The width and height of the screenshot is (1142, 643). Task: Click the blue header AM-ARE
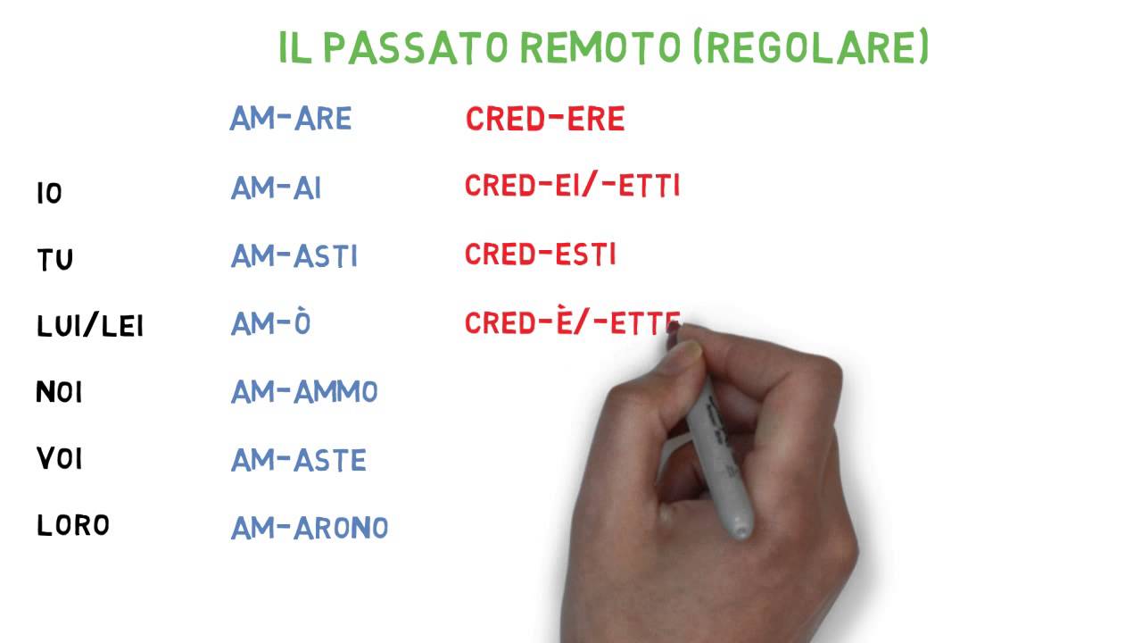click(291, 119)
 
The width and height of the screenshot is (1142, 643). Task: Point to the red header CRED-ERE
click(544, 120)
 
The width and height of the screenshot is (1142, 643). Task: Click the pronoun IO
click(49, 193)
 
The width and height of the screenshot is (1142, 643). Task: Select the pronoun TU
click(54, 260)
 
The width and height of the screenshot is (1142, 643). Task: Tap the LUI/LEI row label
click(89, 326)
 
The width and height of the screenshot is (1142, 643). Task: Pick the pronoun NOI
click(59, 392)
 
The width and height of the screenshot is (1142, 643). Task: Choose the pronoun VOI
click(59, 459)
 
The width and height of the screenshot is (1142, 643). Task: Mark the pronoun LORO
click(72, 525)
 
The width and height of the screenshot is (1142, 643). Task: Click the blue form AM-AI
click(276, 188)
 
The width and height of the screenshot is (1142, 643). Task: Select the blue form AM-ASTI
click(294, 256)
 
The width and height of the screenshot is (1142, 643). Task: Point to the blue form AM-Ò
click(270, 322)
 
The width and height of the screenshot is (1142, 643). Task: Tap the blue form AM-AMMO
click(304, 391)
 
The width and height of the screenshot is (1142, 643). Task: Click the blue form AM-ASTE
click(298, 460)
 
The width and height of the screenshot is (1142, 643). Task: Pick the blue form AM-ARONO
click(310, 528)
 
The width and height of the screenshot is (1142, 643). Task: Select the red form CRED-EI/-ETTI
click(572, 187)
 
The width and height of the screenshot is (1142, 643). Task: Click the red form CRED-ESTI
click(540, 255)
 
